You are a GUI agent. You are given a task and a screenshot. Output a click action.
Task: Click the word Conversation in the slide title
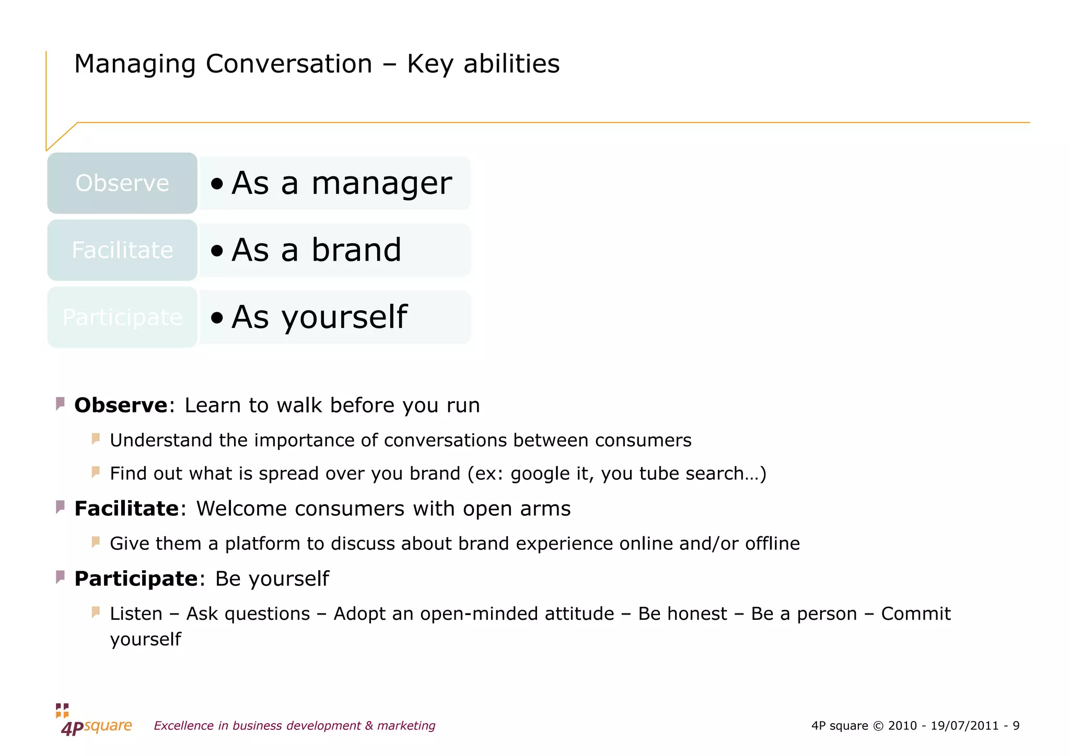[x=289, y=64]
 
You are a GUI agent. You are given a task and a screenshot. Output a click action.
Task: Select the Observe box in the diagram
[x=122, y=183]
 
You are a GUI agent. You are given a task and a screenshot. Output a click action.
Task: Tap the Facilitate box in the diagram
[x=122, y=250]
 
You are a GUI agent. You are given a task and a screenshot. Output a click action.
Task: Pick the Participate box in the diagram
[x=122, y=317]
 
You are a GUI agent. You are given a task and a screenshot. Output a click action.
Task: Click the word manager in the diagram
[x=381, y=184]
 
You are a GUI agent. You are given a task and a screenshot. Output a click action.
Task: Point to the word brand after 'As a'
[x=356, y=250]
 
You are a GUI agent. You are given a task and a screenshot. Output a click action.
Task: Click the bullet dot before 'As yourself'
[x=217, y=317]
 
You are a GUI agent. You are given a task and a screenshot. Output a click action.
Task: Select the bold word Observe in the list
[x=121, y=406]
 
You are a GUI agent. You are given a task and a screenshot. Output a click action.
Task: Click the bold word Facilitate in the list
[x=126, y=509]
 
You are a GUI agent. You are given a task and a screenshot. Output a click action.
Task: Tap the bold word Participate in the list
[x=136, y=579]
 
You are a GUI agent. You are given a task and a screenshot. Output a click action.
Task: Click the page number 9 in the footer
[x=1016, y=726]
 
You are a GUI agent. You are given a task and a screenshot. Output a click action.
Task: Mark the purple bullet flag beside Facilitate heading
[x=60, y=507]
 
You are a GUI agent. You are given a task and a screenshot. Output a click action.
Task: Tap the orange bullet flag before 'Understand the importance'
[x=96, y=439]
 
